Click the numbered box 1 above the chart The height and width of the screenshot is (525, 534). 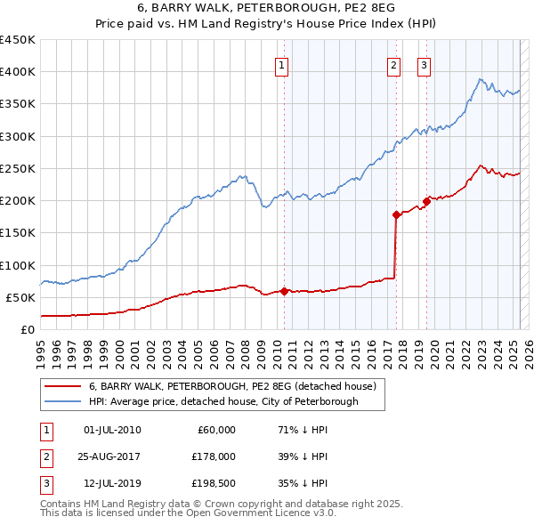point(282,64)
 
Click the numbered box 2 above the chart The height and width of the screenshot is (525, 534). point(393,64)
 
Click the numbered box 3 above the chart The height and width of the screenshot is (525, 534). point(424,64)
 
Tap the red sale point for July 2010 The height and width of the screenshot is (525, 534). point(285,291)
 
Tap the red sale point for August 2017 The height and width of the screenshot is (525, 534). point(396,214)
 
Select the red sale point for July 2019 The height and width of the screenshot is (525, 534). point(427,201)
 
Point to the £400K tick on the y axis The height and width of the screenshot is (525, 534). point(18,72)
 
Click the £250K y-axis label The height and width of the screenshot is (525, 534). point(18,168)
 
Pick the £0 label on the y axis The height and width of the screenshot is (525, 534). point(27,329)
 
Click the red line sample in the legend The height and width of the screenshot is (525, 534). point(62,387)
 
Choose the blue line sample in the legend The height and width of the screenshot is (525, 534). point(62,401)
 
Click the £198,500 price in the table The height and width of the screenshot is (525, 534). point(213,483)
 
